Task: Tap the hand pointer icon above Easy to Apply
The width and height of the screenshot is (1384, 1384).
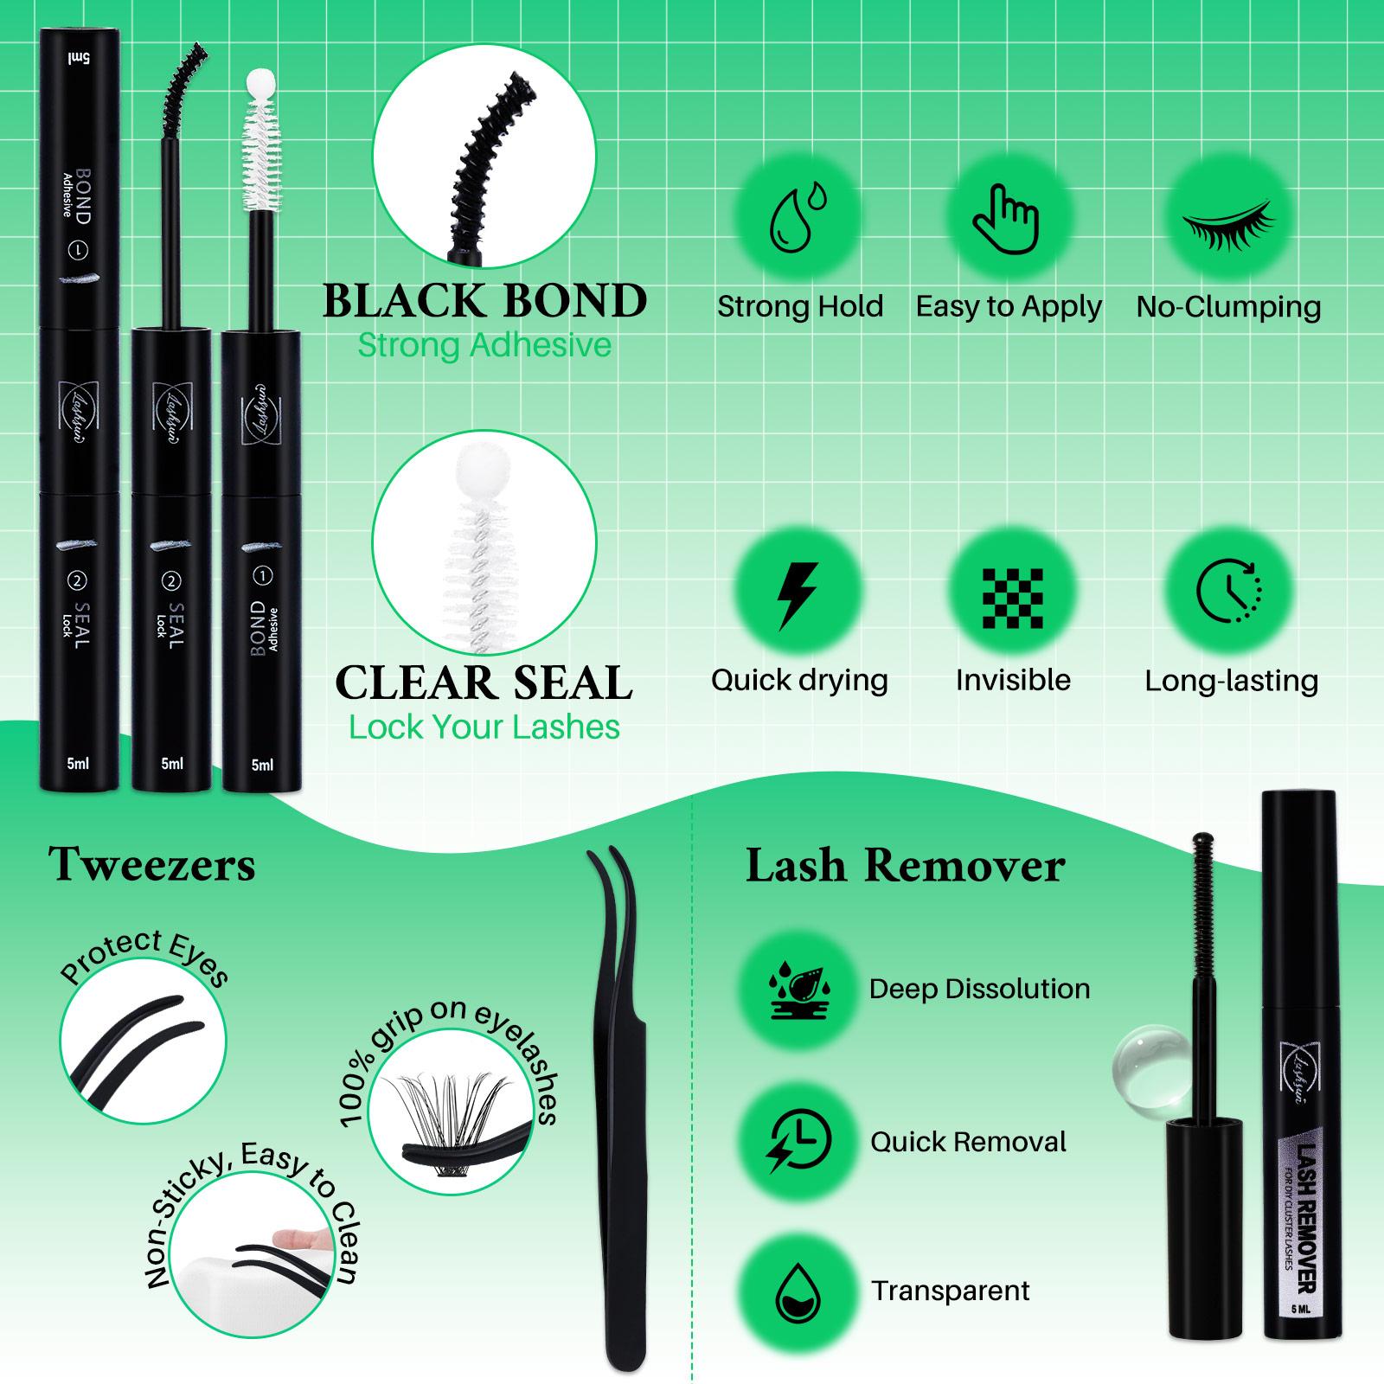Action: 1006,219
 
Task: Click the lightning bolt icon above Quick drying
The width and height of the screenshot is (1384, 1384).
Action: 798,596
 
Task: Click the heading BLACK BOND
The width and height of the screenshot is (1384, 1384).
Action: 484,301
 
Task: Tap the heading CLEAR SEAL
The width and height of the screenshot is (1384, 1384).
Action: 484,682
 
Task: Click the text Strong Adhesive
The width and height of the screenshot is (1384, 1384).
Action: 484,345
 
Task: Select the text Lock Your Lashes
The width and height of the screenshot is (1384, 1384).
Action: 484,727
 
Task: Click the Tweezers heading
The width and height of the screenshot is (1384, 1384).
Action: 152,864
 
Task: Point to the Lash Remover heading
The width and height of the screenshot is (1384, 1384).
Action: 905,866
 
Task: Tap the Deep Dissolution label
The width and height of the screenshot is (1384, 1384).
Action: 979,989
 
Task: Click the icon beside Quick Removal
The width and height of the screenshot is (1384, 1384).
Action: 798,1142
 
